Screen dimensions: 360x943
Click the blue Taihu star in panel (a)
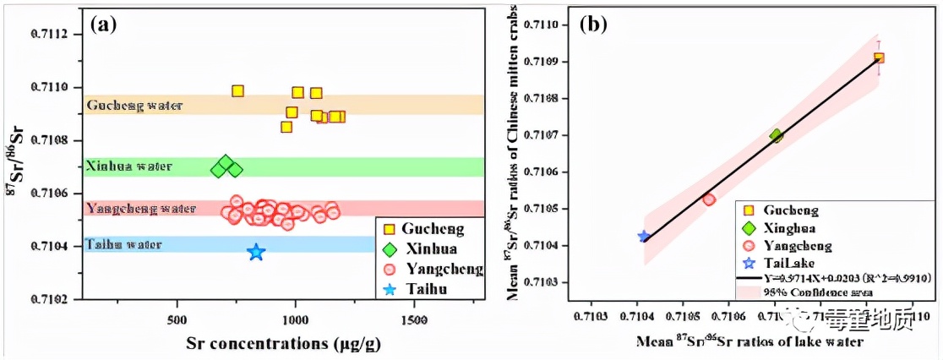point(256,252)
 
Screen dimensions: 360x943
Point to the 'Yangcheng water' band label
point(140,208)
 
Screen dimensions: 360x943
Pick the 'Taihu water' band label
point(123,245)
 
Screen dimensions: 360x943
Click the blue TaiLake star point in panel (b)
point(644,237)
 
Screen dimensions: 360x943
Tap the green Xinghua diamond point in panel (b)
point(777,135)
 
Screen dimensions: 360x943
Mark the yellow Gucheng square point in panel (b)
point(879,57)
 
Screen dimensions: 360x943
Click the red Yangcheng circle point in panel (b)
point(709,199)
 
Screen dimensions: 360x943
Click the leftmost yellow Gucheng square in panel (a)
point(237,91)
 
